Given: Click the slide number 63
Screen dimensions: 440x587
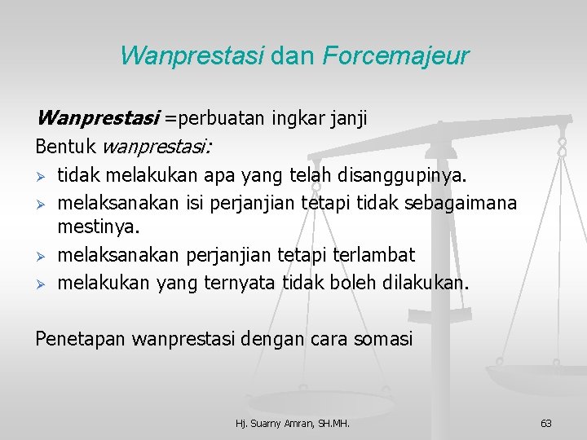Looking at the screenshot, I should (546, 423).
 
